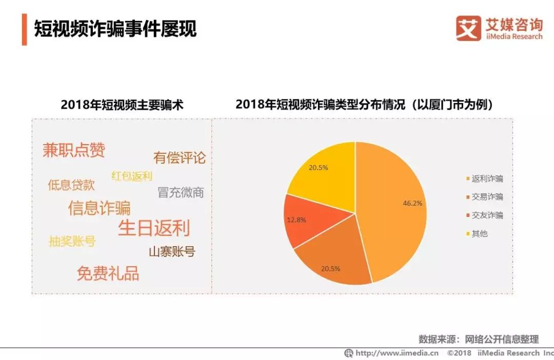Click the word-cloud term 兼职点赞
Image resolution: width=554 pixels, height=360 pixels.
74,150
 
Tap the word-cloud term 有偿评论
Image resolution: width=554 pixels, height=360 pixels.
179,157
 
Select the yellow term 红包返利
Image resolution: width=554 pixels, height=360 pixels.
132,176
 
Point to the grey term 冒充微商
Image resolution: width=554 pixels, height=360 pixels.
181,192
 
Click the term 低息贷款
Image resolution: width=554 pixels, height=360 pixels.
71,185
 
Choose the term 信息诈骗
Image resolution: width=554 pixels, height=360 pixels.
100,208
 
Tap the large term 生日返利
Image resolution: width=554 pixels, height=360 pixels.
154,228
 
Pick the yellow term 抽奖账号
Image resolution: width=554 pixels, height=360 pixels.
72,241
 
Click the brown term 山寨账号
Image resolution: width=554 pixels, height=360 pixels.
172,252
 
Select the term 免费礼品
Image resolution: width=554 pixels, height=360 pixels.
108,273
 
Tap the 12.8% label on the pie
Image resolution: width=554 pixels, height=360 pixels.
296,219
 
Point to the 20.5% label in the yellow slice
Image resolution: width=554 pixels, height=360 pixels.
318,167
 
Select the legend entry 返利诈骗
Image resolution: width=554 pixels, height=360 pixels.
487,179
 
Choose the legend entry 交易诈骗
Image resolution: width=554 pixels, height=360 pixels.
487,197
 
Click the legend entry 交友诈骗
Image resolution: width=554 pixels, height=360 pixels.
487,215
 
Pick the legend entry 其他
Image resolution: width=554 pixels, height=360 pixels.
479,234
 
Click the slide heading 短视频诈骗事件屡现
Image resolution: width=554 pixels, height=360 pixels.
115,29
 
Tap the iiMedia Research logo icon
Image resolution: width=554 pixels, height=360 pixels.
468,28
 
